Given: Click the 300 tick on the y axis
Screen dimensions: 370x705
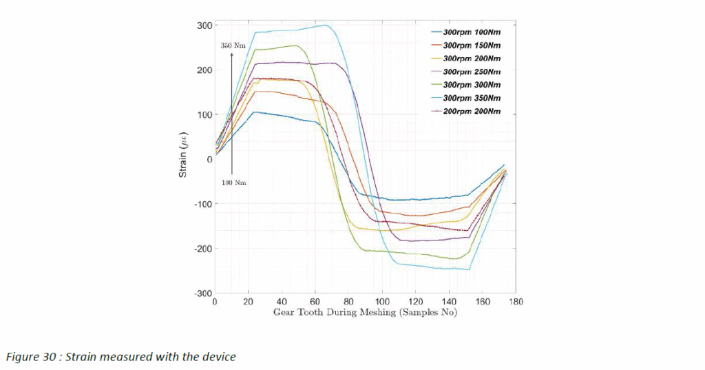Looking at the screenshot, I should click(x=204, y=25).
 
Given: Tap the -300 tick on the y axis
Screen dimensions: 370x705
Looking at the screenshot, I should click(x=202, y=294).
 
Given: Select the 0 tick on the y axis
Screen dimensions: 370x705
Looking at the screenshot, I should click(x=209, y=159).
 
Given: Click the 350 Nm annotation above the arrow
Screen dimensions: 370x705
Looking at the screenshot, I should click(x=233, y=45).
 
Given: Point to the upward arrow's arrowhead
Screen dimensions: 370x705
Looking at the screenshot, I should click(x=232, y=54).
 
